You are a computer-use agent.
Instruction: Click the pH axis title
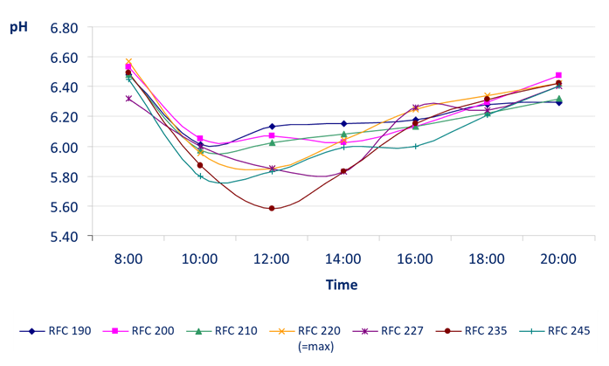click(18, 27)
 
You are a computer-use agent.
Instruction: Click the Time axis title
click(342, 285)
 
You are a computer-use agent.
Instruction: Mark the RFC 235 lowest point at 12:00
click(272, 208)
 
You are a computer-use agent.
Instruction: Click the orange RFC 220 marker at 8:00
click(128, 62)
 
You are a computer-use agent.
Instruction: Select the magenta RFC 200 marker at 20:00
click(558, 76)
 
